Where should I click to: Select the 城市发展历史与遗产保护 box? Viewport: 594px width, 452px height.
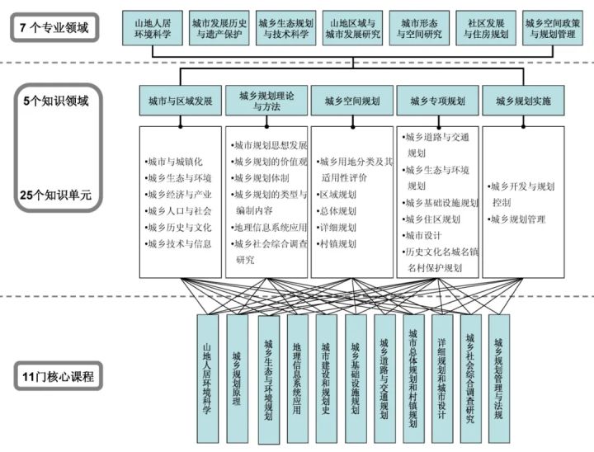(218, 29)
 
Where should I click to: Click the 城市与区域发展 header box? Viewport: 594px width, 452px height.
(180, 101)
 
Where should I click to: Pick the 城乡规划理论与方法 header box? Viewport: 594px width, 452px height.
(266, 101)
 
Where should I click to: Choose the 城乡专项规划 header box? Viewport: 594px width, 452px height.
(437, 101)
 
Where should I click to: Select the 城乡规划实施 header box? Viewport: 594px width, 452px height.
(523, 101)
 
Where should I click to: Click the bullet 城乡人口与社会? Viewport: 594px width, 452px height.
(179, 211)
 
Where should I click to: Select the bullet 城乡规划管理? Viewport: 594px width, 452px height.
(517, 219)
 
